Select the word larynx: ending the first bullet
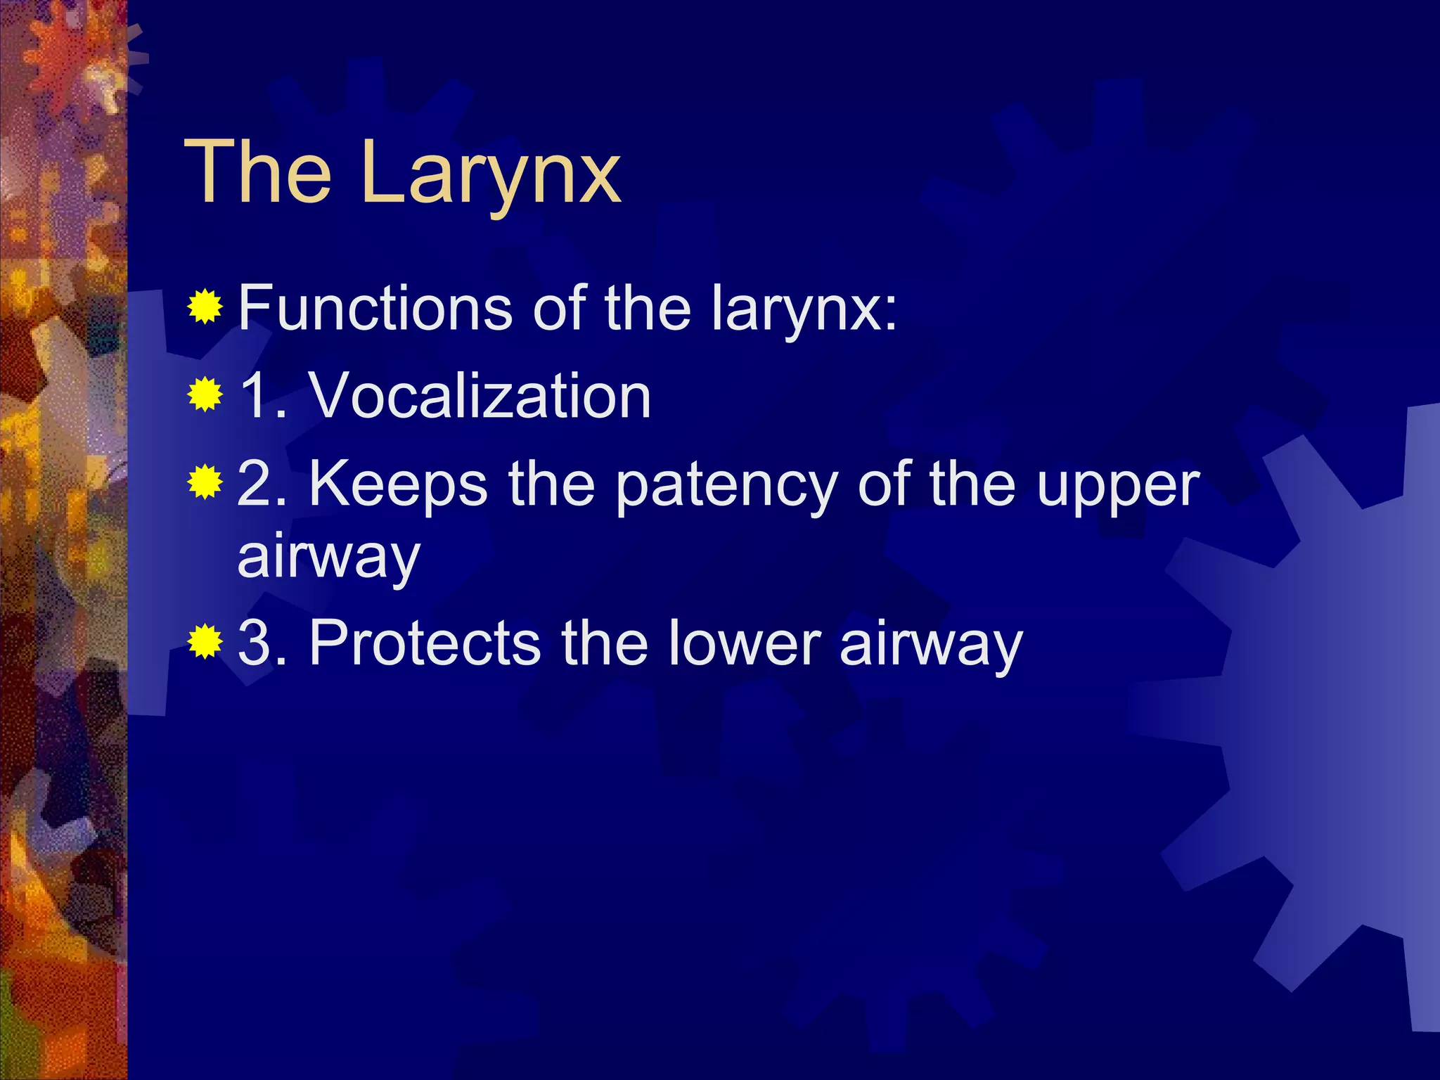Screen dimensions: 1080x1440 [x=804, y=309]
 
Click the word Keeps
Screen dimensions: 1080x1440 [x=398, y=485]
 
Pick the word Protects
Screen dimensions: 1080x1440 [x=425, y=643]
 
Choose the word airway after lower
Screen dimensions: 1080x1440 [x=931, y=644]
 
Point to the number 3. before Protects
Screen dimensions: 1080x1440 [x=263, y=643]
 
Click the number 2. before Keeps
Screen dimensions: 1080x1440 [x=263, y=485]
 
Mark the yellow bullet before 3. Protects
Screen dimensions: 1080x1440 [x=205, y=641]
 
